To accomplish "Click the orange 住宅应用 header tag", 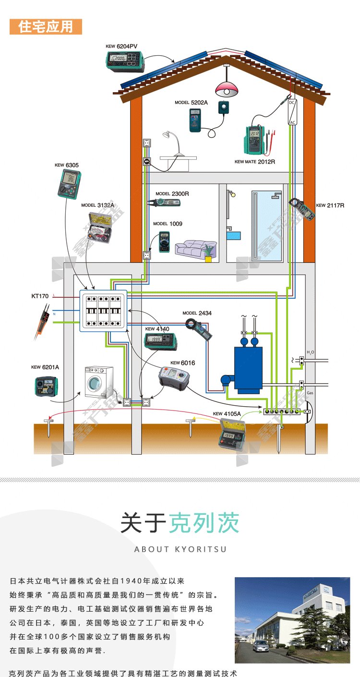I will click(46, 27).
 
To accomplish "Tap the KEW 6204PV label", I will click(122, 47).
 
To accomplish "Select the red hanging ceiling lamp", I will click(227, 88).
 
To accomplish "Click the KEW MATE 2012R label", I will click(254, 162).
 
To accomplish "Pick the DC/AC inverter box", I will click(292, 112).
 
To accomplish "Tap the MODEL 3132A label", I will click(98, 205).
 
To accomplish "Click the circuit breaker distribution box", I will click(103, 310).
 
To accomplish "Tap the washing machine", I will click(99, 382).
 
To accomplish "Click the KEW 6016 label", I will click(183, 363).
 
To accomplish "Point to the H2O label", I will click(310, 352).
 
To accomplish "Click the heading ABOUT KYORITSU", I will click(180, 549).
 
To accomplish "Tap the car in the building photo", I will click(261, 646).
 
